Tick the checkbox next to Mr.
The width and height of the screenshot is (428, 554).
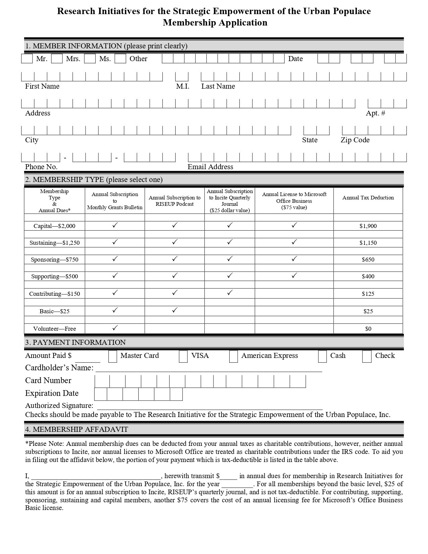27,59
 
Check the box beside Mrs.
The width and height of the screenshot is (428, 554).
57,59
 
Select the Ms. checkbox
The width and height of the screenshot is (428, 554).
90,59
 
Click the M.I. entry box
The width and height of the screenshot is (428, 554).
182,77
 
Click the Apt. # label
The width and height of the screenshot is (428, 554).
375,113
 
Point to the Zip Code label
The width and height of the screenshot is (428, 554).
355,140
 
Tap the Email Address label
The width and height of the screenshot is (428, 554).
210,167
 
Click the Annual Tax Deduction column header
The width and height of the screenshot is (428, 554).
368,198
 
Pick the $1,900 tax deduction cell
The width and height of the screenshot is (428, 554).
368,226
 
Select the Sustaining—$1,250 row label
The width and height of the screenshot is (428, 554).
54,243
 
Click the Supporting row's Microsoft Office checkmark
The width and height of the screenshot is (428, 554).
294,275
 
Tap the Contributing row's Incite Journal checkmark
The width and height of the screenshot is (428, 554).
230,293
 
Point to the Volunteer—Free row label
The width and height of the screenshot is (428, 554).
54,329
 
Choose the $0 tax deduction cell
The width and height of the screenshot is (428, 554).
368,329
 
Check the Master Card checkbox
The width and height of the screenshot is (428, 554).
113,357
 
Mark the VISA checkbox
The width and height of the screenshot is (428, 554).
183,357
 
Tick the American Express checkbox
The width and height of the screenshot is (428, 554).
233,357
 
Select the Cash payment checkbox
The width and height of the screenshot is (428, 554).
322,357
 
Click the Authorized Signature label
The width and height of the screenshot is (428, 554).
59,406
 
